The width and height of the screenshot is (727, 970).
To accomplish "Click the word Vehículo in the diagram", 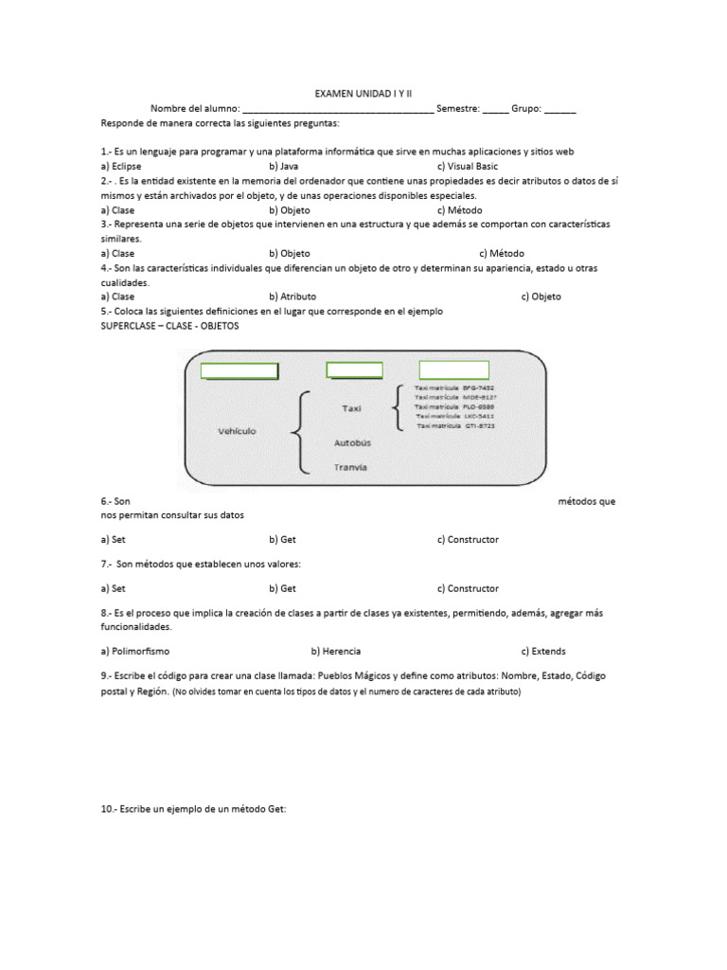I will [237, 431].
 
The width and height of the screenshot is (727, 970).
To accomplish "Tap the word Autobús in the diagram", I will [352, 442].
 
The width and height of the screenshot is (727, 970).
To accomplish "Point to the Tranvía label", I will [351, 467].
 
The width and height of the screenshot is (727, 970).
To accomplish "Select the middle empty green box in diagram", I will [354, 369].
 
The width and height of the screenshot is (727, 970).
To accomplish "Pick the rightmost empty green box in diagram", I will [453, 369].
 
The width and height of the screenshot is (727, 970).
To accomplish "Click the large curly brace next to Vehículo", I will [299, 432].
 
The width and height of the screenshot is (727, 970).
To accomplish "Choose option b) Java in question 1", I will [284, 166].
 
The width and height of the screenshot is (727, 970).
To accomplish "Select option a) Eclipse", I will [121, 166].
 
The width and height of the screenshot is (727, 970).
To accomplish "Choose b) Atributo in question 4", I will [293, 296].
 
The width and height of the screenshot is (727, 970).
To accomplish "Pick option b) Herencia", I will [335, 652].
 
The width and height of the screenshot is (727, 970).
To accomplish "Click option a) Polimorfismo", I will [135, 652].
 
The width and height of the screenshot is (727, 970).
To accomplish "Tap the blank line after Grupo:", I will [559, 110].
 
